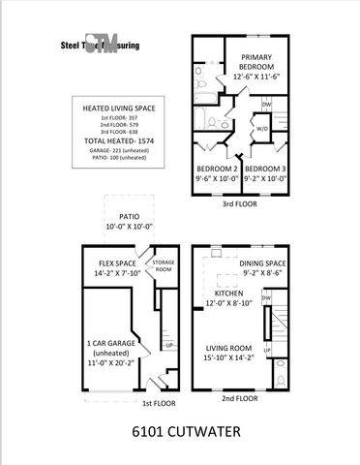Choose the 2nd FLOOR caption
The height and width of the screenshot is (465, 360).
tap(238, 397)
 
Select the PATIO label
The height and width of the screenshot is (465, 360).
tap(130, 217)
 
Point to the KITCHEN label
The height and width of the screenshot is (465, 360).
tap(227, 293)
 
